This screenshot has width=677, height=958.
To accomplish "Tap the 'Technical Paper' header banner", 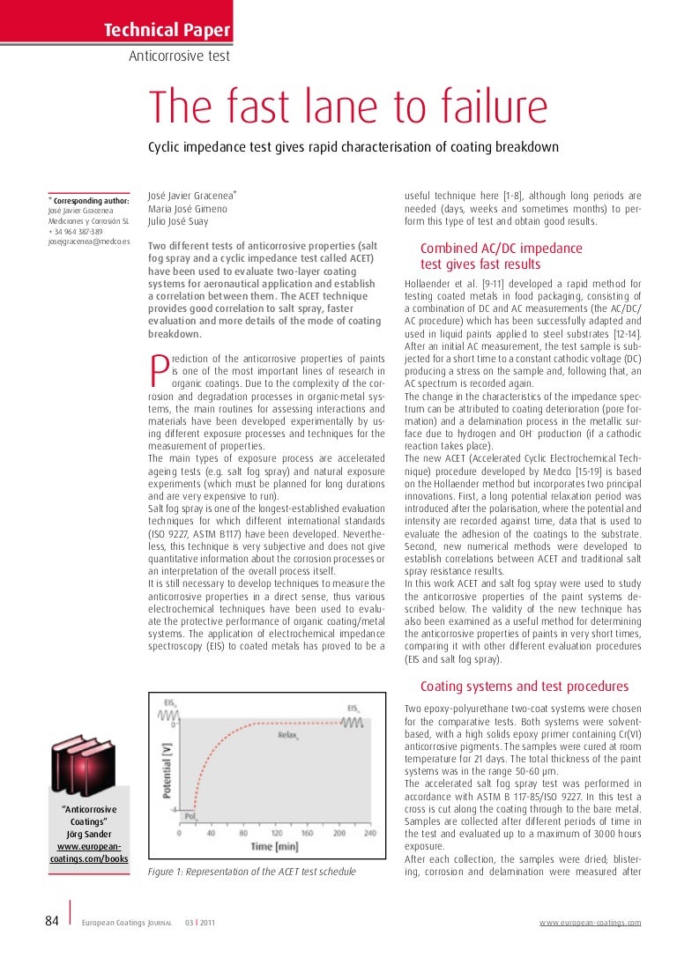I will [x=167, y=32].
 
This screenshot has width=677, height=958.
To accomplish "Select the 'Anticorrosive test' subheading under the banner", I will [x=180, y=56].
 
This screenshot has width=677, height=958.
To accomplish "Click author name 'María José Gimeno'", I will [x=187, y=209].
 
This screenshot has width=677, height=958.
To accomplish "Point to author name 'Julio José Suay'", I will [x=178, y=221].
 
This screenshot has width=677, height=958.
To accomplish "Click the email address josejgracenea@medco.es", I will [x=89, y=241].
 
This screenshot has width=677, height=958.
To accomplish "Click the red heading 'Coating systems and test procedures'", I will [x=524, y=687].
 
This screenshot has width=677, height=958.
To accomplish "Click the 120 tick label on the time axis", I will [x=276, y=832].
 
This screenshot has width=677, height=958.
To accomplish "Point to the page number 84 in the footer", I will [x=51, y=921].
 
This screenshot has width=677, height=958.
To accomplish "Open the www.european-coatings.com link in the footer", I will [x=590, y=923].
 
